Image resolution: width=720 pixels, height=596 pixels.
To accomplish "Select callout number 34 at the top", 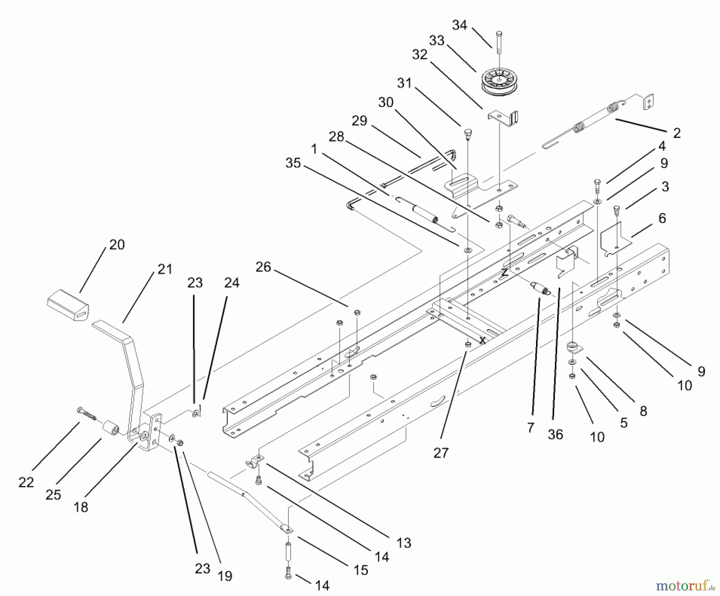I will click(x=460, y=25).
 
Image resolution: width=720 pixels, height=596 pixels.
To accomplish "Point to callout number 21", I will click(x=164, y=269).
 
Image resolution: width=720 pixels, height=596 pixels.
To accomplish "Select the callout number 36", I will click(x=555, y=434).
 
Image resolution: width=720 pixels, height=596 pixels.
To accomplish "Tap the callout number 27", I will click(x=441, y=453).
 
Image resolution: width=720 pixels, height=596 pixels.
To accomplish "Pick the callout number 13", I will click(x=404, y=543).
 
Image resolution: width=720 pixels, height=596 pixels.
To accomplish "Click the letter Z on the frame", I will click(x=505, y=273).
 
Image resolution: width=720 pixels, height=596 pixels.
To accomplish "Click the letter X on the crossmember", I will click(x=483, y=341).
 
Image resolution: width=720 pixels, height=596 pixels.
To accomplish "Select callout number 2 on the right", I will click(x=676, y=133).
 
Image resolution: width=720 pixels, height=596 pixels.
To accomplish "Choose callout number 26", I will click(x=263, y=267).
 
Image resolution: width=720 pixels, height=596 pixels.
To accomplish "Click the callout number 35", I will click(x=293, y=163).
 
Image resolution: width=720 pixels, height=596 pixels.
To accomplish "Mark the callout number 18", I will click(x=81, y=507).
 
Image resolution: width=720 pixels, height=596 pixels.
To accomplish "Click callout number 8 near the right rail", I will click(x=643, y=411).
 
